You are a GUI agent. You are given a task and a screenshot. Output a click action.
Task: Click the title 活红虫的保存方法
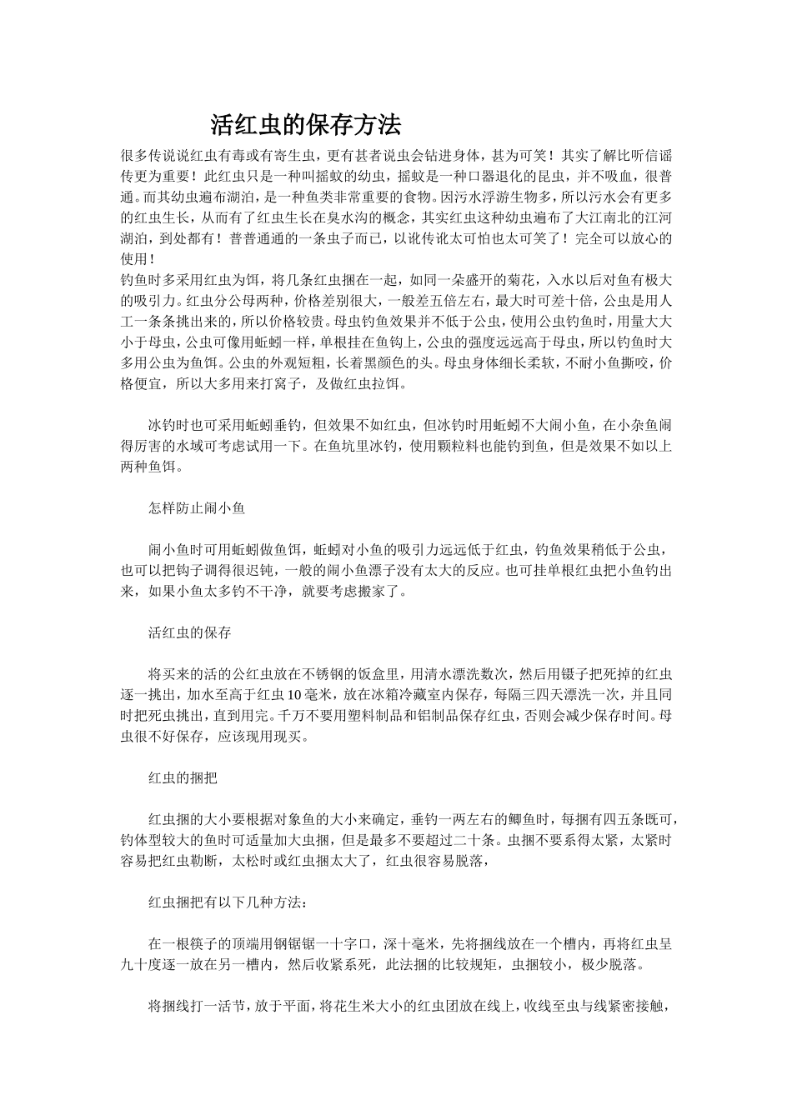(x=305, y=126)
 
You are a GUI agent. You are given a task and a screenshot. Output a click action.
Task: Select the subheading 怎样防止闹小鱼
(x=197, y=507)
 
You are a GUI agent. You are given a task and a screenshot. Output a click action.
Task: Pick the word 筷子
(x=218, y=945)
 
